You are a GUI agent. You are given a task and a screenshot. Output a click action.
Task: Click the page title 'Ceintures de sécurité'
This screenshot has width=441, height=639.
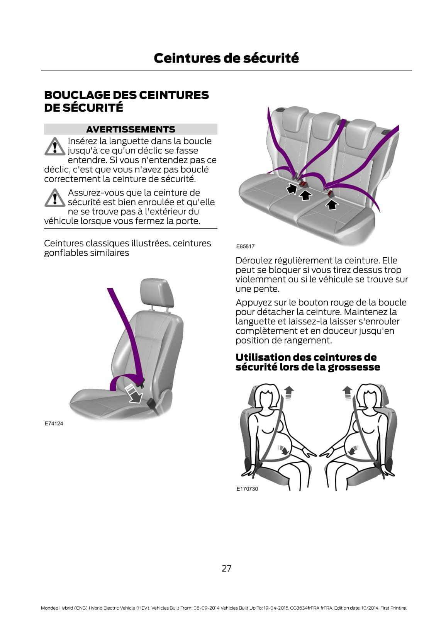226,58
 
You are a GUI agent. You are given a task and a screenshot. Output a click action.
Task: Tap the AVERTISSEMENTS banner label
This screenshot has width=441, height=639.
131,129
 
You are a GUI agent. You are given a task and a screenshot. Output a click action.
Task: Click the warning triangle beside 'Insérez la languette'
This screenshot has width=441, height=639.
55,146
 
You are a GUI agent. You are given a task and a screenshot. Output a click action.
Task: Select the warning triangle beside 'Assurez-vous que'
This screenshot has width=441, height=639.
55,198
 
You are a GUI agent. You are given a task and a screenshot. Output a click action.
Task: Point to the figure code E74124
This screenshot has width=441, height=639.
54,424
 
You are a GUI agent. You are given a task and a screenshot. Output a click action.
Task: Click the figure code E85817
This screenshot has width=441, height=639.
245,246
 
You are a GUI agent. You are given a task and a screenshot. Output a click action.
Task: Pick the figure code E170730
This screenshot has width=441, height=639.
247,489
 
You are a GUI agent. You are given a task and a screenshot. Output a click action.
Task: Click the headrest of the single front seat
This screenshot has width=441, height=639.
157,292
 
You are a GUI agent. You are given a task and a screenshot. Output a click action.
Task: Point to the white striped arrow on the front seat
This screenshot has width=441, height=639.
134,393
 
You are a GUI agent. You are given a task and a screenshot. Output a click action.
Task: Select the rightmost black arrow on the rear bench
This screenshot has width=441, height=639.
332,204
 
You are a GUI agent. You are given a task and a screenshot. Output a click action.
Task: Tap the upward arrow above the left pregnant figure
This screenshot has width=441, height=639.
289,393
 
